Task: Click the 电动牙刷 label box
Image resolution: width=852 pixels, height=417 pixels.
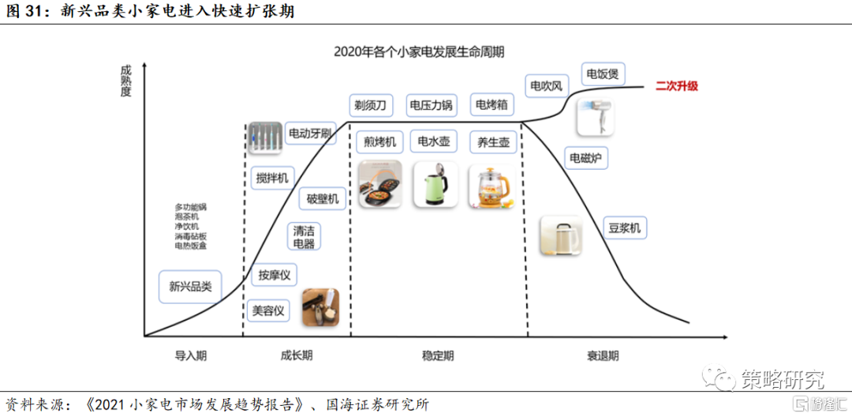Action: click(310, 133)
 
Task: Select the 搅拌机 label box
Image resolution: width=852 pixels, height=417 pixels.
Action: click(273, 178)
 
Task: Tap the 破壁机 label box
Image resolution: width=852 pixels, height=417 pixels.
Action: click(322, 198)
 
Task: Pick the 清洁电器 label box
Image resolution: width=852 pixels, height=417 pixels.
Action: click(304, 237)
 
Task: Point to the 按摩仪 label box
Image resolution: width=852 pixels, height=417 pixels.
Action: click(275, 275)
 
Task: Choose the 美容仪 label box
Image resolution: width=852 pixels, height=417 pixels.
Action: click(268, 310)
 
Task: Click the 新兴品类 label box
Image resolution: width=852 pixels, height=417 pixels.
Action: click(190, 286)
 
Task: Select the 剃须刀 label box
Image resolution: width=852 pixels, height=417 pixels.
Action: click(370, 104)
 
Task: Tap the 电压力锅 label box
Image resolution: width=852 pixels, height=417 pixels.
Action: click(431, 104)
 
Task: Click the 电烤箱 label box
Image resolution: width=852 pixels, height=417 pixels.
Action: click(491, 104)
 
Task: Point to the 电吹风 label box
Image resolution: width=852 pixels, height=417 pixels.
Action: click(546, 85)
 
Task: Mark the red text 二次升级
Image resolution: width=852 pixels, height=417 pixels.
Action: click(677, 86)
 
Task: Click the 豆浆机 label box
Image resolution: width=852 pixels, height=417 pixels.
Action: click(624, 229)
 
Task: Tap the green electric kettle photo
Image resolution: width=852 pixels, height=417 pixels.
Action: click(433, 184)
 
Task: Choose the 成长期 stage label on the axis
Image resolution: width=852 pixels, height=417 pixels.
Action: click(296, 355)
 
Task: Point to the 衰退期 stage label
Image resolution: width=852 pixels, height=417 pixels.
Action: click(603, 355)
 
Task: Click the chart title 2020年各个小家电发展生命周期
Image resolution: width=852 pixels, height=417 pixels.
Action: click(419, 52)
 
